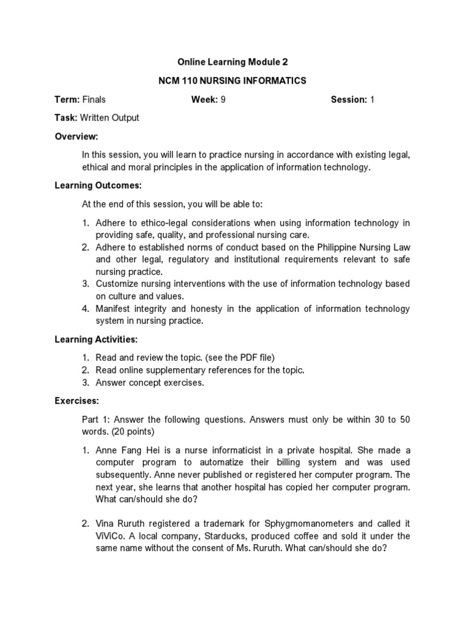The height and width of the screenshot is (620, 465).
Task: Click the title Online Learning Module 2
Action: [x=232, y=62]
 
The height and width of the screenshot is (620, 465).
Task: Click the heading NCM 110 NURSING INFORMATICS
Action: [x=232, y=81]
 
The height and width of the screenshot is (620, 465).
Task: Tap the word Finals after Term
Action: [x=94, y=99]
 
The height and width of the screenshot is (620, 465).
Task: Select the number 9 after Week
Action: [x=223, y=99]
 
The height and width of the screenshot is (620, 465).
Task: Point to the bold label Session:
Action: [x=349, y=99]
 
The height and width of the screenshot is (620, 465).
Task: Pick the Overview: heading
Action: [x=76, y=136]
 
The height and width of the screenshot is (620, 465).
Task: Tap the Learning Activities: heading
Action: [x=96, y=339]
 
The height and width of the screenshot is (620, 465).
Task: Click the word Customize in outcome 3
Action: [x=117, y=284]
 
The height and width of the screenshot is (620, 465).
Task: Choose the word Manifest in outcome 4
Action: [x=113, y=309]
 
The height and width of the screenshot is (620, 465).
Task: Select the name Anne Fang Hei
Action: [x=125, y=450]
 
